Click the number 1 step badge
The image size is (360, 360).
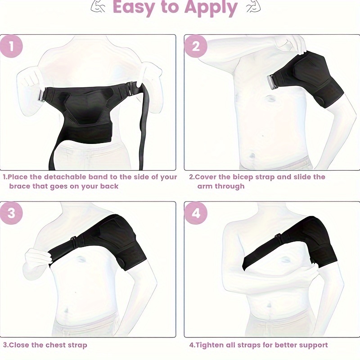(12, 46)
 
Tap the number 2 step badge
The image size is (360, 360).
(196, 46)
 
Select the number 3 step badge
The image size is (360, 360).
(12, 213)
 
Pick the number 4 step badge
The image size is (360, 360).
(196, 213)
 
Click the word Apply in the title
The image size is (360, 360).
(211, 8)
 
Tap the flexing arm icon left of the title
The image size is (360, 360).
(98, 6)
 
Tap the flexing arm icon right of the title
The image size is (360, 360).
(253, 6)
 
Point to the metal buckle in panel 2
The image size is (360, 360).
(271, 82)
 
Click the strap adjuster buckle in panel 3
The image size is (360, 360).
(74, 241)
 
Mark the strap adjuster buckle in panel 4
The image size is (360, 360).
(279, 238)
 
